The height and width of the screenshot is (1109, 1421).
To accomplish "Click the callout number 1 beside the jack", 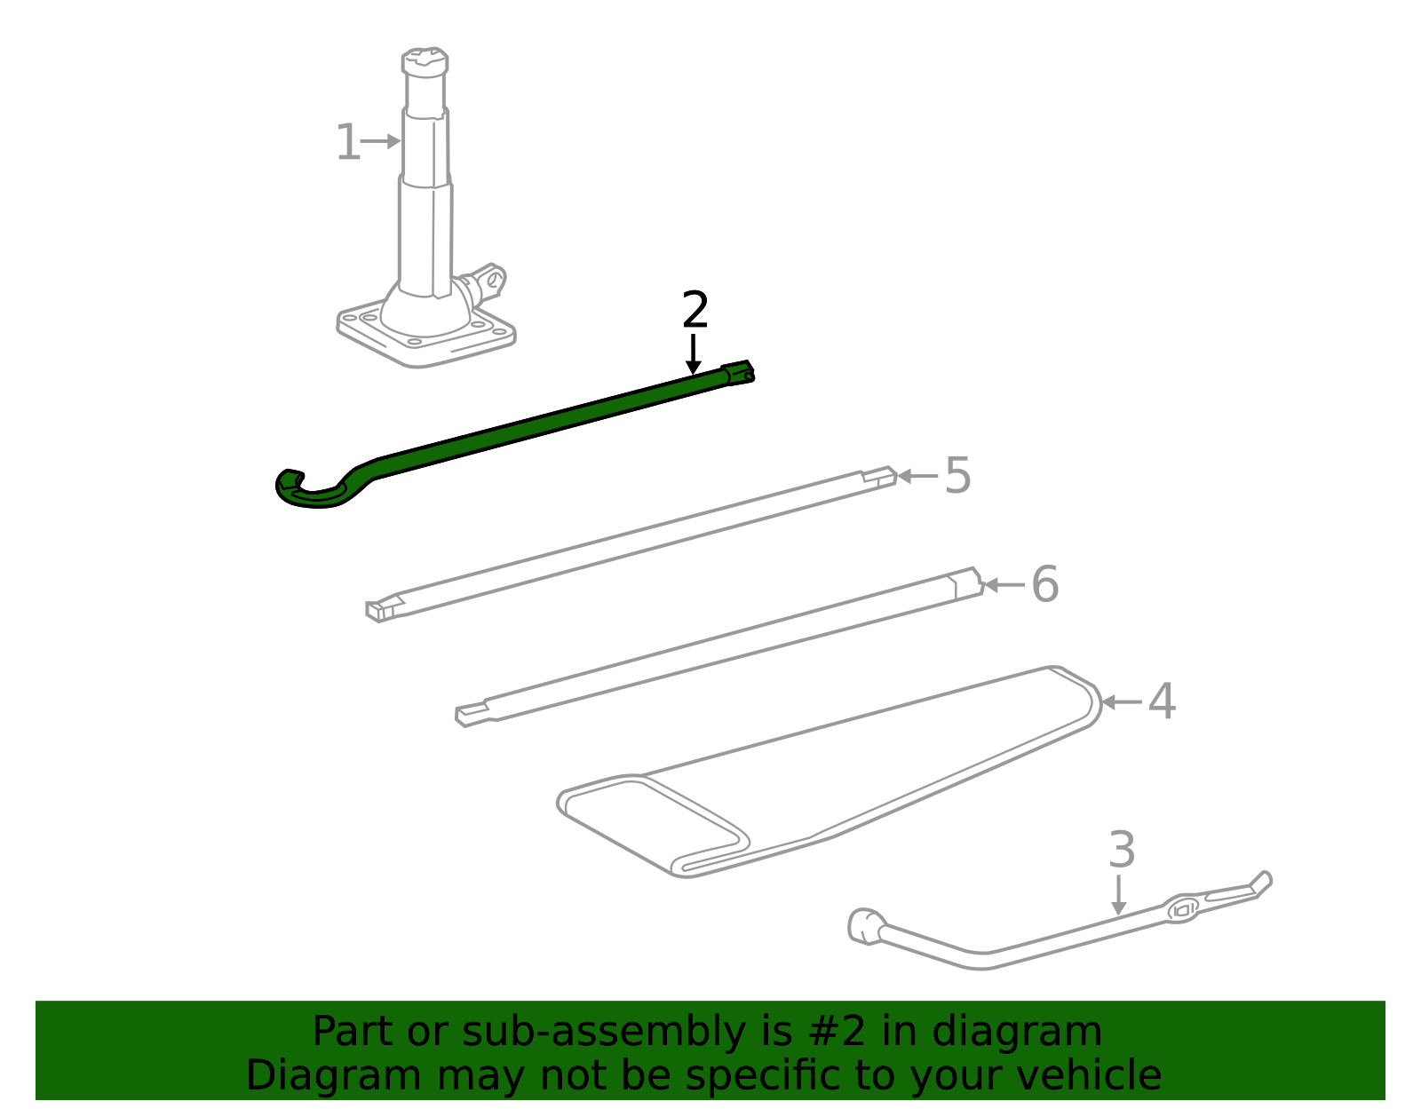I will (x=347, y=143).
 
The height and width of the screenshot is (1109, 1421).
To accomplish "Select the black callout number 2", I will (x=695, y=311).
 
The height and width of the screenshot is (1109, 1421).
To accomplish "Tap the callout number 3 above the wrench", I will (x=1122, y=851).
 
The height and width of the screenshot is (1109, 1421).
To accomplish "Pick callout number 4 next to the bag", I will (x=1162, y=702).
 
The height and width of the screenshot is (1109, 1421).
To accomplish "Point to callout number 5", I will (x=957, y=476).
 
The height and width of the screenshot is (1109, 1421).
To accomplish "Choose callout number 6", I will (x=1044, y=585).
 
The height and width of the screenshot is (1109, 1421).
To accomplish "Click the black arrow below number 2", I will (x=694, y=353).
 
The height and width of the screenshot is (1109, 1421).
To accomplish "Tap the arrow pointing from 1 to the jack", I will (x=382, y=141).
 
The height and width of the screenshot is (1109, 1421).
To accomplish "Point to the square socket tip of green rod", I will (x=739, y=372).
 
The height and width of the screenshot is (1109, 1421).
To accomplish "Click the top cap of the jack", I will (x=425, y=62).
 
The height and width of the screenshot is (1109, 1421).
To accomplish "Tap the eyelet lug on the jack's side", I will (x=489, y=278).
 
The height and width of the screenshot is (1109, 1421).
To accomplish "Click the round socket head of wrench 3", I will (x=863, y=925).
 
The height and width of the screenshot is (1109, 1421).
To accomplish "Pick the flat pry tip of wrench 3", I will (x=1259, y=883).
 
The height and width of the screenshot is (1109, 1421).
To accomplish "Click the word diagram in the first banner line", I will (x=1016, y=1032).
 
